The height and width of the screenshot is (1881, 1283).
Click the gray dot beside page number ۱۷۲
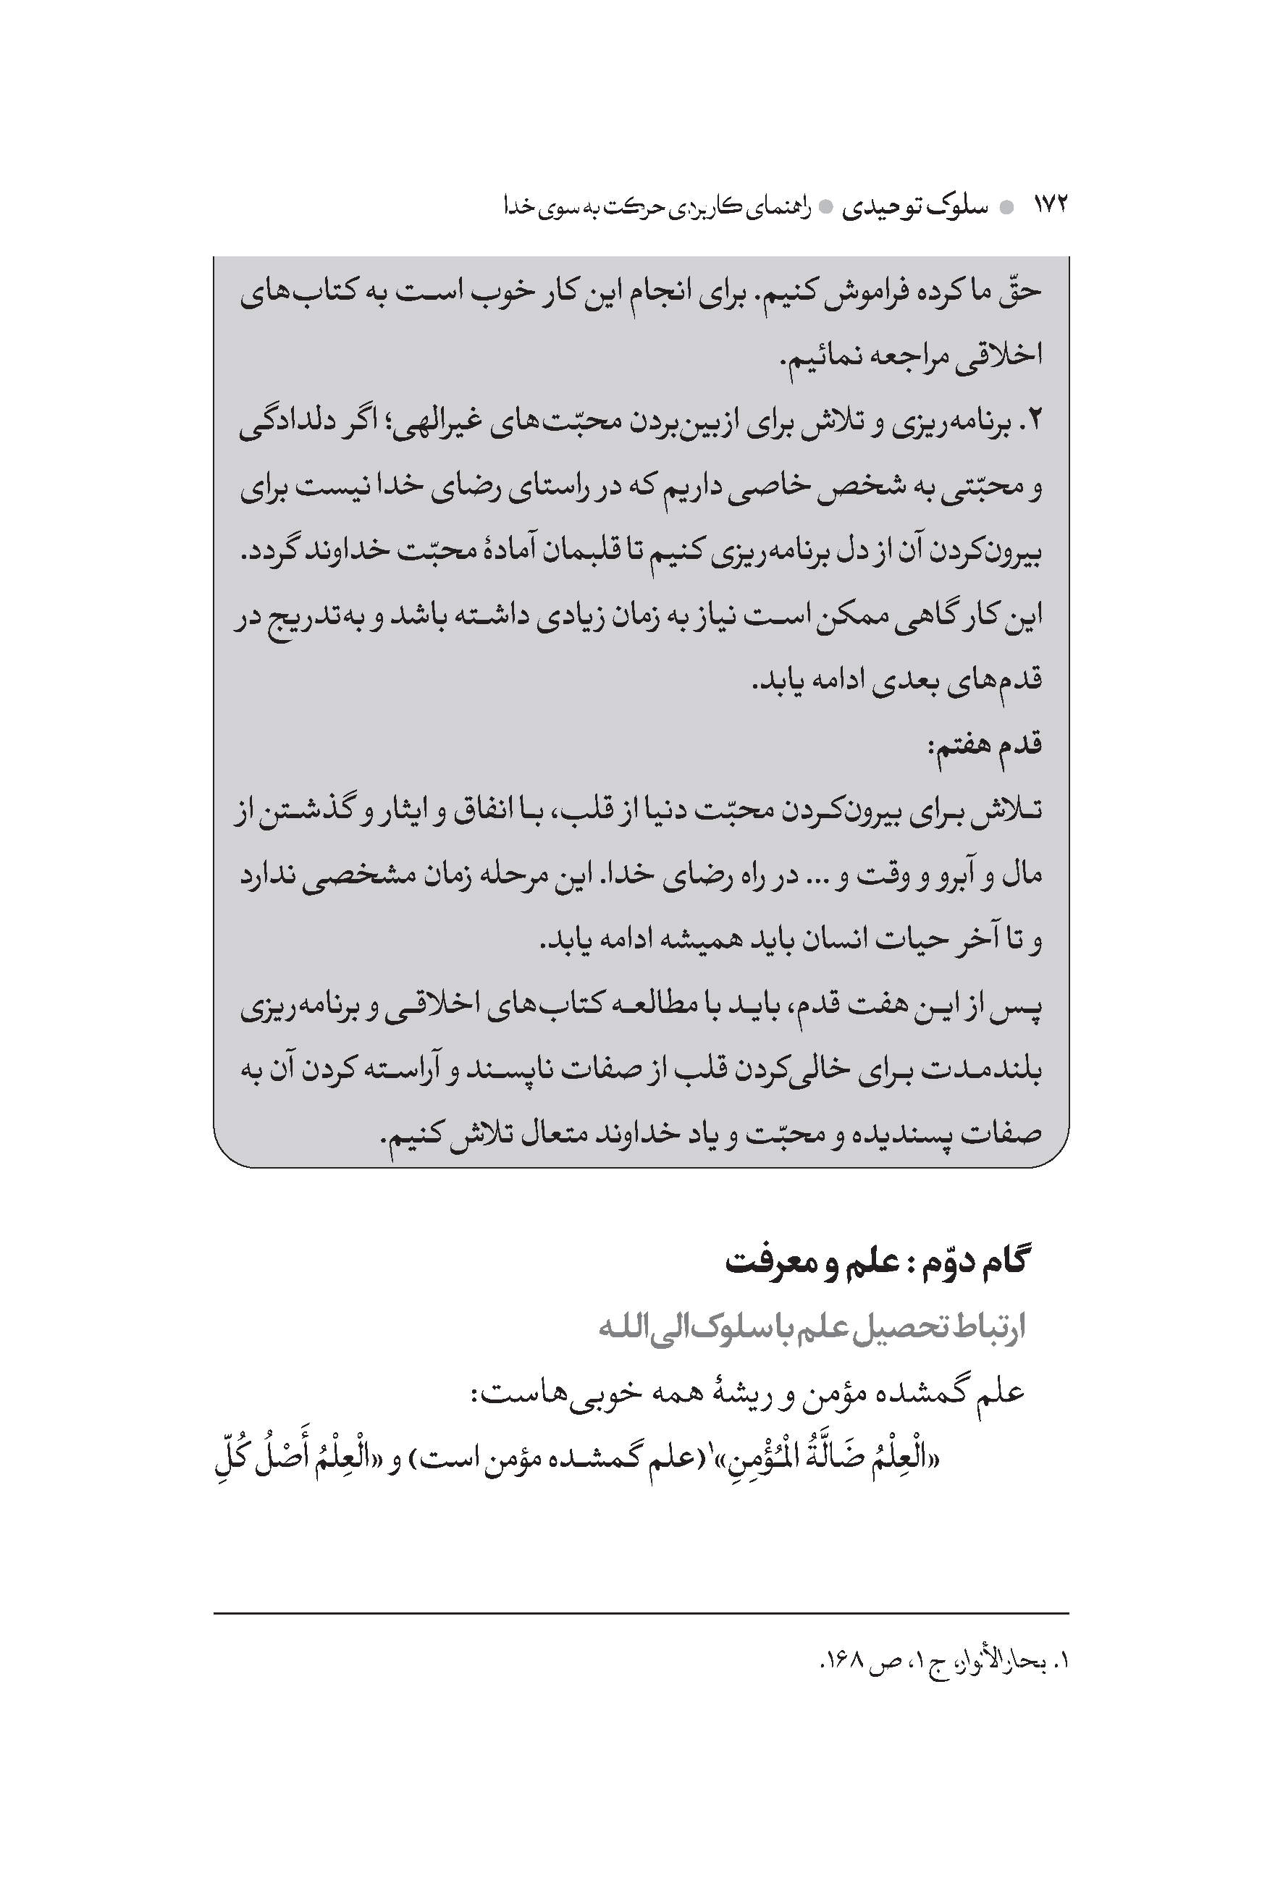(x=1006, y=208)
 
